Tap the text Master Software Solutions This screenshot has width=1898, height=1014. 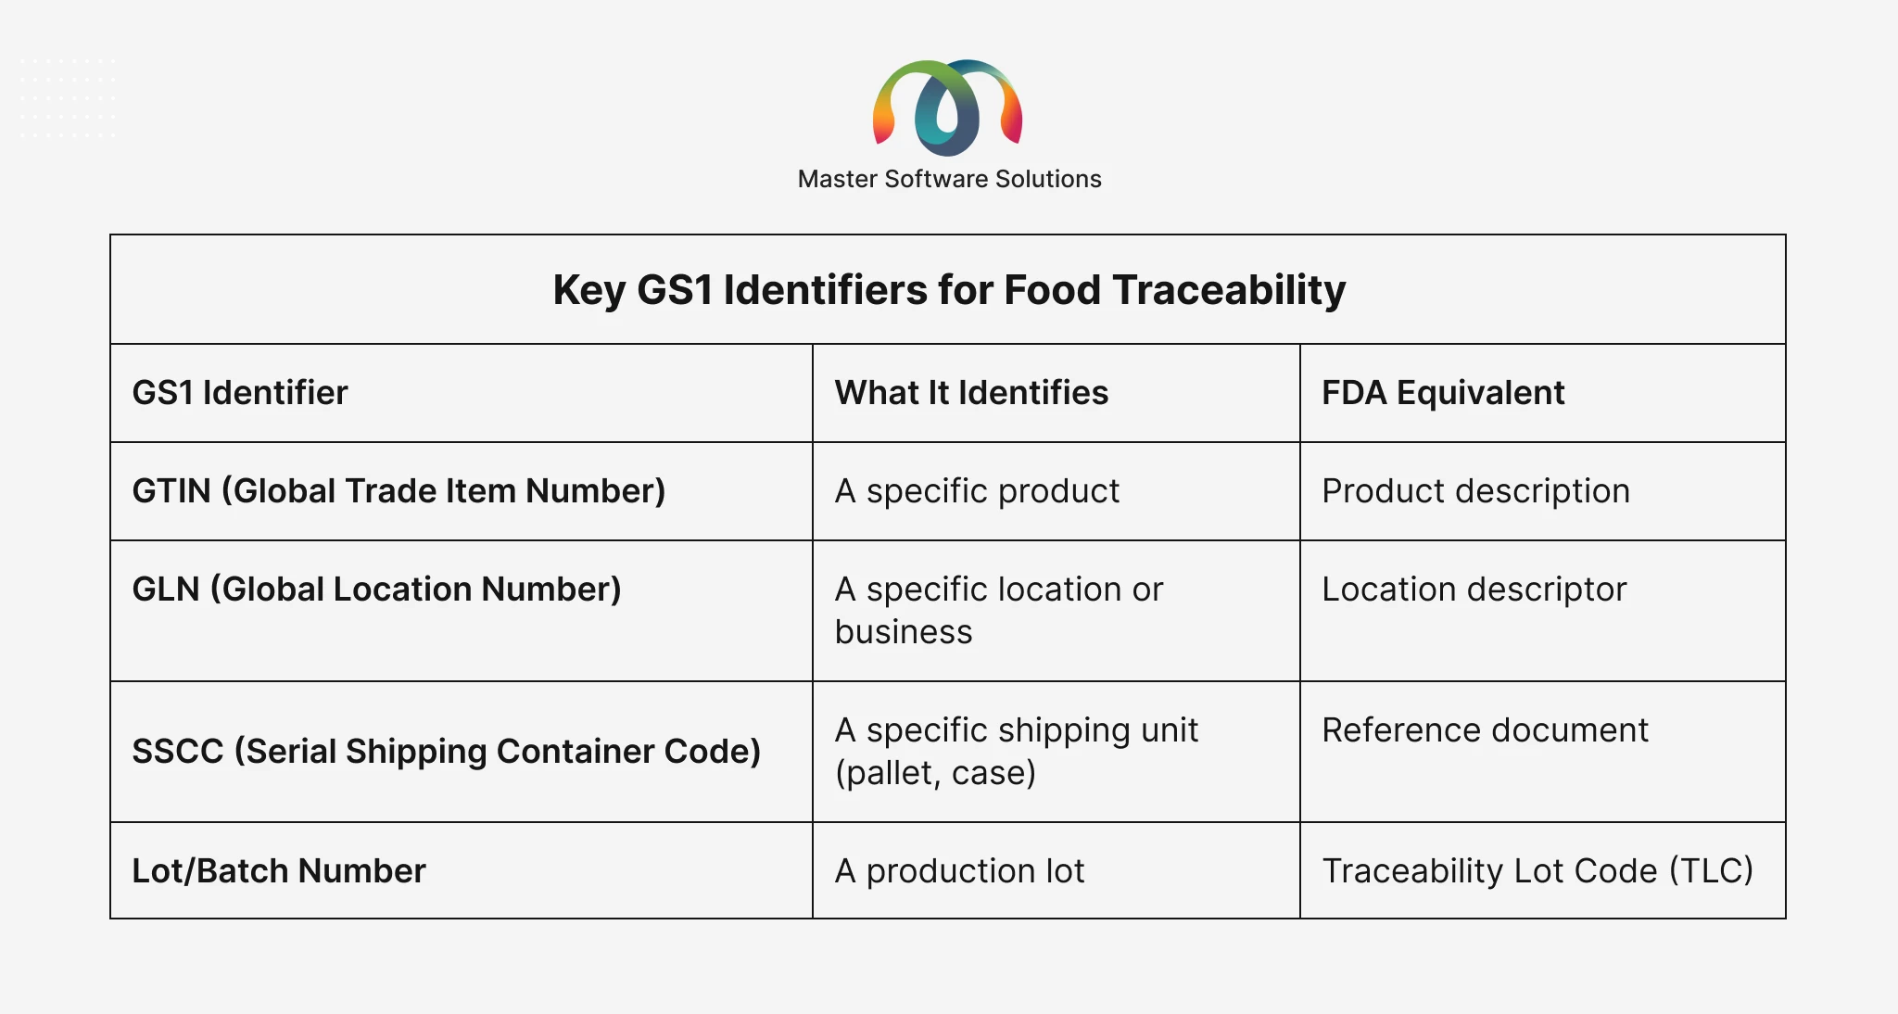949,179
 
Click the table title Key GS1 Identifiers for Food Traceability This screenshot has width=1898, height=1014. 949,290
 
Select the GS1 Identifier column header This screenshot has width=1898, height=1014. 240,393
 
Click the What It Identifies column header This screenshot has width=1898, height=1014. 971,393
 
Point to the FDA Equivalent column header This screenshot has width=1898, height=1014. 1443,393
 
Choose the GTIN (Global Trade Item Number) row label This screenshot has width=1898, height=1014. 399,491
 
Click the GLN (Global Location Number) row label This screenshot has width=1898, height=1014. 376,589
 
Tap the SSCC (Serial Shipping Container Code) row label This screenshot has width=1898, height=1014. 447,752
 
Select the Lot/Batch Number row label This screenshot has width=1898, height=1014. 279,871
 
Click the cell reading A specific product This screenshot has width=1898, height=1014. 977,491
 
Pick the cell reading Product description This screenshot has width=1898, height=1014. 1475,491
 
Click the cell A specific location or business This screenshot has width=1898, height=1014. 998,611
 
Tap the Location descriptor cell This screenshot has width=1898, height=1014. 1474,589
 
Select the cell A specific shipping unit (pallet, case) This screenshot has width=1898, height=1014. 1016,752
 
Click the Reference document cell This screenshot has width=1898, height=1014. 1485,730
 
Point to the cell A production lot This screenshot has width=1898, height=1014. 959,871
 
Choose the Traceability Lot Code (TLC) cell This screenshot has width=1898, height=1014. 1537,871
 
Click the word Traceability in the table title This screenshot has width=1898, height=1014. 1230,290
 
